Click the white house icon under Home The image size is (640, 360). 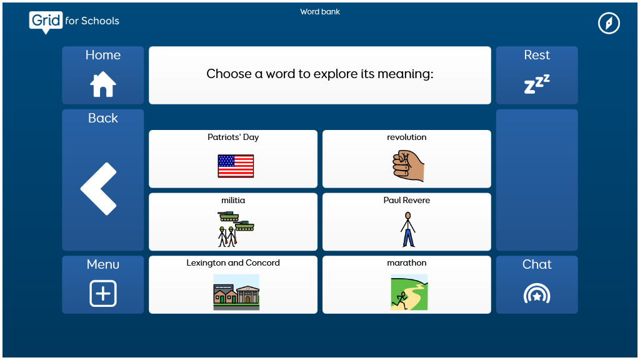point(103,84)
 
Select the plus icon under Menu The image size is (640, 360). point(103,293)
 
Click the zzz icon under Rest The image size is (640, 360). point(537,84)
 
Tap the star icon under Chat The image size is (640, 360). point(537,296)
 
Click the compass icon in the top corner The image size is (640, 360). point(609,23)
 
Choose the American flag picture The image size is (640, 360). point(236,166)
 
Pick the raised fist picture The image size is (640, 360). point(408,166)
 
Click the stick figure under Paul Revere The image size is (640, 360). point(407,229)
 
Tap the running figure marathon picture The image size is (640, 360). point(409,292)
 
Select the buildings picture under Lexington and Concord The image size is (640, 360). point(236,292)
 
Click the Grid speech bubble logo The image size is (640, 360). point(46,22)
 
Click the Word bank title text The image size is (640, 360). point(320,12)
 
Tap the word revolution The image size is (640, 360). point(406,137)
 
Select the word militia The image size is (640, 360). point(233,200)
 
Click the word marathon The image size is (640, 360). point(406,263)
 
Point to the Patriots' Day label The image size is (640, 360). point(233,137)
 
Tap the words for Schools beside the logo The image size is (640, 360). point(92,21)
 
